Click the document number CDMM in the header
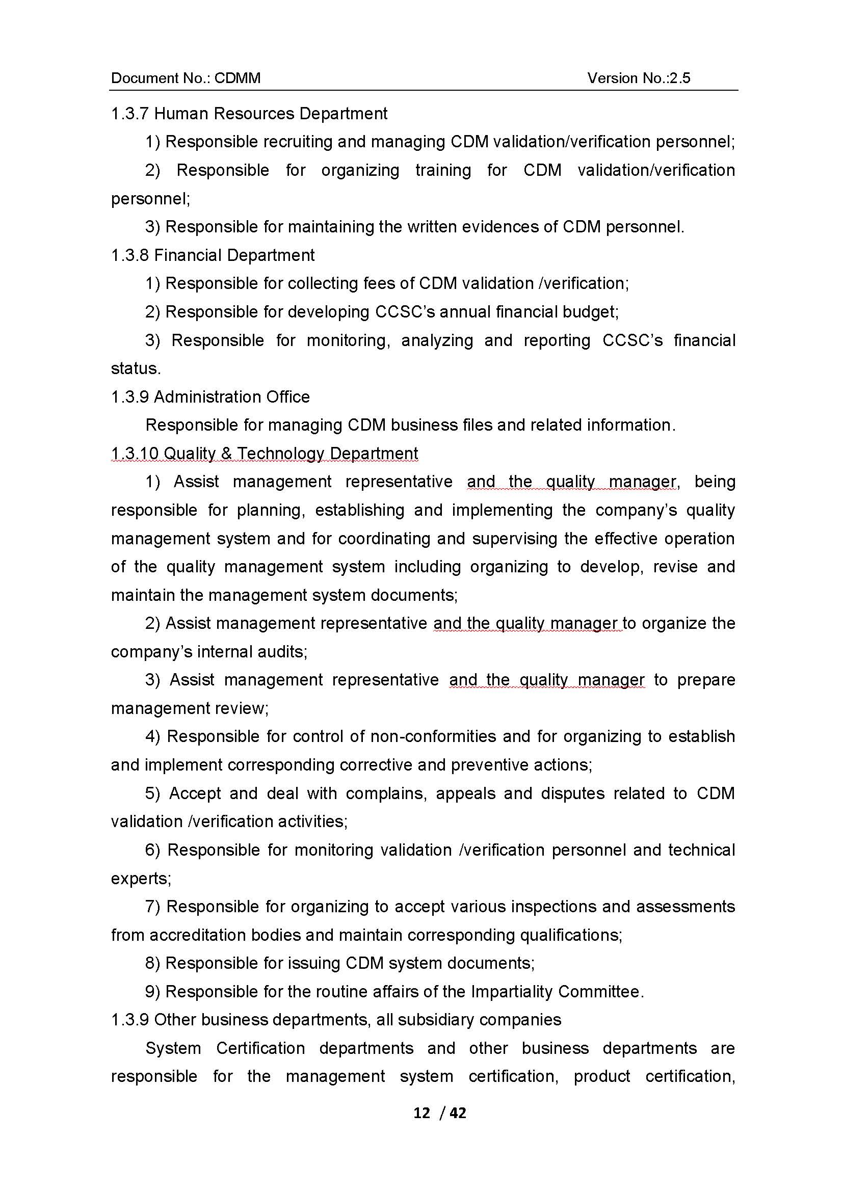coord(237,78)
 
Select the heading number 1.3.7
coord(130,114)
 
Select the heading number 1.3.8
coord(130,255)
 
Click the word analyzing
coord(437,340)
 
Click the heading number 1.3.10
coord(135,454)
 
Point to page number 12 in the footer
coord(422,1112)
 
